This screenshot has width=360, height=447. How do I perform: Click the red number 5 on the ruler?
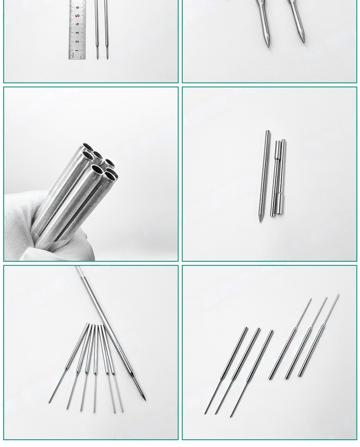point(78,16)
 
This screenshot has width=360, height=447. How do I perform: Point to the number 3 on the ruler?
point(78,33)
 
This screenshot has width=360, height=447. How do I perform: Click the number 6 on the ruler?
point(78,7)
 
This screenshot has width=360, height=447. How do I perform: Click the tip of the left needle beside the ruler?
point(97,57)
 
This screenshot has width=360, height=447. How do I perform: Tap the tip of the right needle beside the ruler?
point(108,57)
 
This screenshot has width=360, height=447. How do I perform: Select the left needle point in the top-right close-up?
point(267,46)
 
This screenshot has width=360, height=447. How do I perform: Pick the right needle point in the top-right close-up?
point(303,41)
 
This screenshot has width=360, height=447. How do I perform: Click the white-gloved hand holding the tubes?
point(27,218)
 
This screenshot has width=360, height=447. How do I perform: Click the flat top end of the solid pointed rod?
point(267,132)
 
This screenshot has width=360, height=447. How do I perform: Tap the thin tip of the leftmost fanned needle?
point(50,402)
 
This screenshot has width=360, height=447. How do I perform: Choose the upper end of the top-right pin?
point(338,295)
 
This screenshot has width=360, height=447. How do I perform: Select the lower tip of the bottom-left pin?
point(206,413)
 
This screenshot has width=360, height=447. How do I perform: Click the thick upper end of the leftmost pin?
point(246,328)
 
